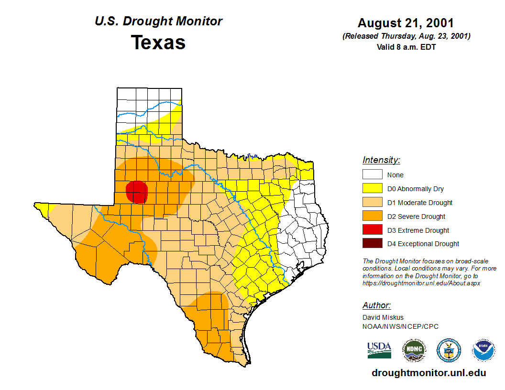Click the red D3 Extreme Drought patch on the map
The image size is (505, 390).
137,192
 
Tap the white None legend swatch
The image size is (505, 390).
372,175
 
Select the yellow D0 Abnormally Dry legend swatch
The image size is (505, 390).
372,189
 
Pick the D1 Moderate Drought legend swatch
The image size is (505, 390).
372,203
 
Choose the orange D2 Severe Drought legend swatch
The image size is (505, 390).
372,217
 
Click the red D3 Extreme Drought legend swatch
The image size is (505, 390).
372,230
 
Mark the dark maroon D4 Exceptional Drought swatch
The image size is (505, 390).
372,244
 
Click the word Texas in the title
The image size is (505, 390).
158,43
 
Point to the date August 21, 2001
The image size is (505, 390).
406,23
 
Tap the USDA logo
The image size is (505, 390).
379,350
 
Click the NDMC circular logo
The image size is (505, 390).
414,350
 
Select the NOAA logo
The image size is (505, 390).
484,350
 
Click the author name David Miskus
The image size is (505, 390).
383,317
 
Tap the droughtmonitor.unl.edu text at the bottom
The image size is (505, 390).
428,373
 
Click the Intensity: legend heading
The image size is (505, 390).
381,160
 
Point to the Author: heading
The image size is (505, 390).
376,305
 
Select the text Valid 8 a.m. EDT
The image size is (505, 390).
406,47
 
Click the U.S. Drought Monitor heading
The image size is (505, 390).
158,22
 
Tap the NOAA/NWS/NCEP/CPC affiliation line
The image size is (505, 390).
400,326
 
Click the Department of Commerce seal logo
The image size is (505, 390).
449,350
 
